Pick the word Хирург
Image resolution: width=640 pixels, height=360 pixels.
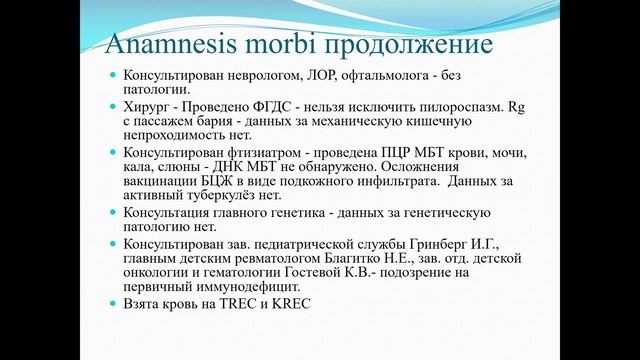[145, 106]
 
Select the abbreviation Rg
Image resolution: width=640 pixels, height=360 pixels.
[519, 106]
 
